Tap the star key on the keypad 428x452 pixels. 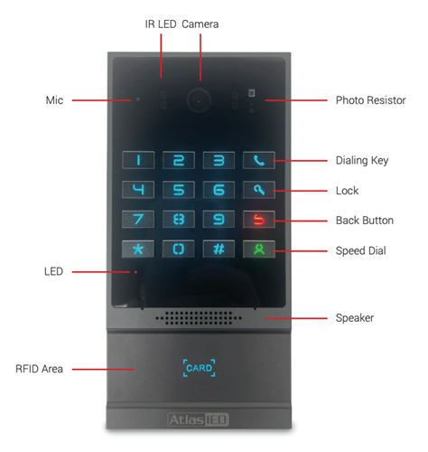[138, 249]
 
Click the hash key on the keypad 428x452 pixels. [219, 249]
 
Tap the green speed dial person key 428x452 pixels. [259, 250]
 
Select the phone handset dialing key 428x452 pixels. [259, 160]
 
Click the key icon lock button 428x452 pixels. [259, 190]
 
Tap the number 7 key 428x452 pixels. [138, 219]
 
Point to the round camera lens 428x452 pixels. [199, 100]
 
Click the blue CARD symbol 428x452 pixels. [199, 368]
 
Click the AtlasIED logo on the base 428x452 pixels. [198, 419]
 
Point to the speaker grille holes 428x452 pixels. [199, 318]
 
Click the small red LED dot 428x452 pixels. [135, 272]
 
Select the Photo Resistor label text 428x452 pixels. [370, 100]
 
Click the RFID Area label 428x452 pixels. [39, 369]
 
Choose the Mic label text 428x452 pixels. [54, 100]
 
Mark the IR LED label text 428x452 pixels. [161, 24]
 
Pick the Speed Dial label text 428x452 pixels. [360, 250]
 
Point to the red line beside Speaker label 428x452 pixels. [296, 318]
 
